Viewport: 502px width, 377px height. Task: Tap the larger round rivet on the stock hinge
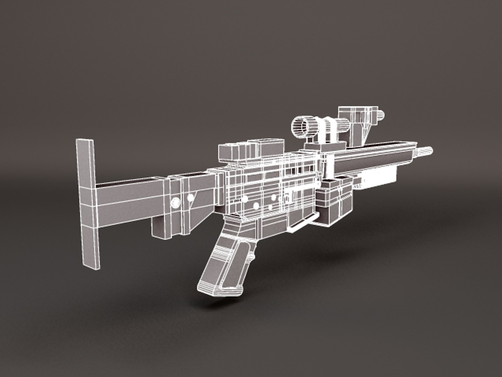point(176,202)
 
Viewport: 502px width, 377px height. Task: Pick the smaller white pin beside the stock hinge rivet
point(190,198)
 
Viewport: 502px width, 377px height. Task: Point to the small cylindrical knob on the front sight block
point(381,114)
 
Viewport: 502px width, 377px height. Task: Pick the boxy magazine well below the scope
point(333,202)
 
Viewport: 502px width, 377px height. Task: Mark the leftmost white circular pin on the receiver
point(245,199)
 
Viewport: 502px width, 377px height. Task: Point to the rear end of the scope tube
point(345,125)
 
